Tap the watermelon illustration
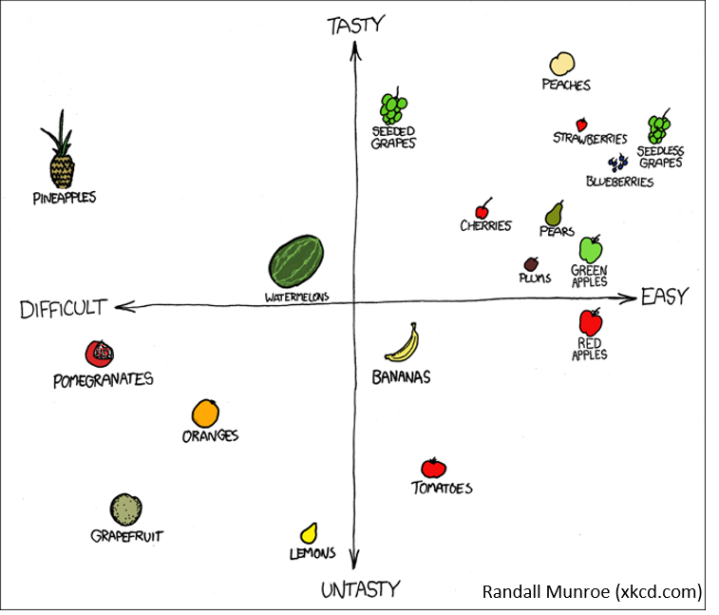point(296,261)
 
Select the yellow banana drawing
point(404,343)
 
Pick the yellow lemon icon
point(308,533)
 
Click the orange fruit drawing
point(205,413)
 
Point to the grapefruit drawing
point(125,509)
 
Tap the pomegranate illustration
point(99,354)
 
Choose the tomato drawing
point(433,468)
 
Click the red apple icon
point(590,321)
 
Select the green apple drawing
point(591,249)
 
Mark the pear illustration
point(554,213)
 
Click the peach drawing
point(562,64)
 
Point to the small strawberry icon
point(581,125)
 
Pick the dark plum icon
point(531,264)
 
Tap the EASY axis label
point(663,297)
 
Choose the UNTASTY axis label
point(360,589)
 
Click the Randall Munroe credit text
point(592,591)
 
